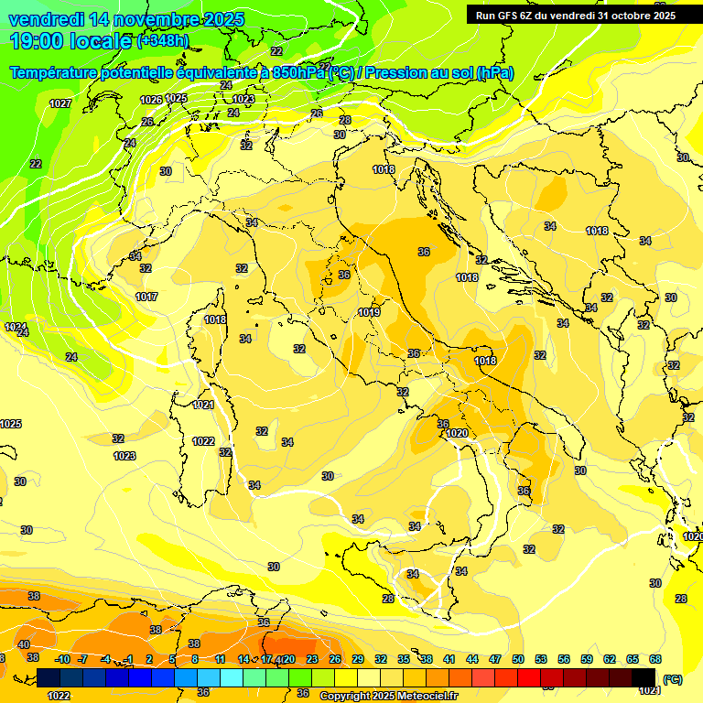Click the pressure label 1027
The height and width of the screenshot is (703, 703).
click(60, 103)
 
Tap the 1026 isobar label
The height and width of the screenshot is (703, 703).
click(151, 100)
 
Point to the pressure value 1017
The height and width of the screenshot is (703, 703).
click(146, 297)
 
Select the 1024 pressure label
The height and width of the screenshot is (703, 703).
click(15, 327)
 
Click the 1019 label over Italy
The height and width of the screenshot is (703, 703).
click(369, 312)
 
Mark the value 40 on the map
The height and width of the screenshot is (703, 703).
click(24, 645)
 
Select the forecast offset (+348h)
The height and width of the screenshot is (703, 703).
click(163, 41)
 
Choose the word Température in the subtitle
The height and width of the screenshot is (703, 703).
click(52, 72)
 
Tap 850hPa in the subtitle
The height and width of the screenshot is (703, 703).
click(298, 72)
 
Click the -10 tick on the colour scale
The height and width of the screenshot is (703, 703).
click(63, 659)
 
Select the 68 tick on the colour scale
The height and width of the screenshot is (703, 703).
click(655, 659)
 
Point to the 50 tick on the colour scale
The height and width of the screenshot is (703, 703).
click(518, 659)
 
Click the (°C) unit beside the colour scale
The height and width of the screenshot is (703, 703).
click(673, 678)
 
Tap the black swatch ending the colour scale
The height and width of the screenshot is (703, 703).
click(644, 677)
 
